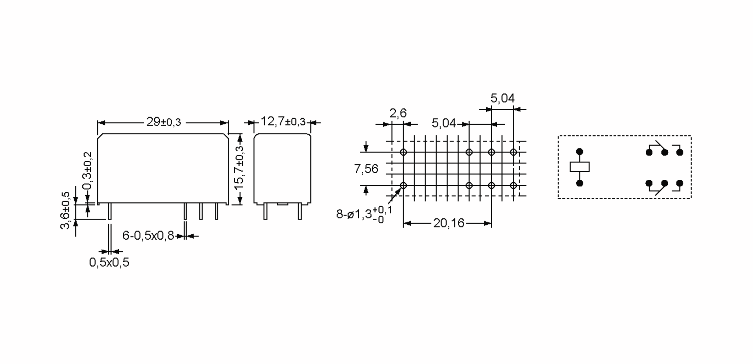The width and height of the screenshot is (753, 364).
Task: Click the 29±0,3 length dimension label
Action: point(164,122)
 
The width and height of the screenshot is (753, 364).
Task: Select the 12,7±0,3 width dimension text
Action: point(283,121)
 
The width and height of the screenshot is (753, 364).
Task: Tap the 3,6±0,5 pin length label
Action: point(65,210)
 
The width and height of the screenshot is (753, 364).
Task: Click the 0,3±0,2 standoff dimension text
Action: point(87,171)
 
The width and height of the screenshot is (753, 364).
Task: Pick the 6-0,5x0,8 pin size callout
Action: point(148,236)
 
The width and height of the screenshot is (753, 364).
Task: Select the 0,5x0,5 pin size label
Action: point(109,263)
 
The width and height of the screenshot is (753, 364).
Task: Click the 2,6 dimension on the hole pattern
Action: point(398,113)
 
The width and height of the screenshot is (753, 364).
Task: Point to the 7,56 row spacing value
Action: point(366,169)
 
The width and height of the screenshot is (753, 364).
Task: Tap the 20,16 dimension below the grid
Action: point(449,223)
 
